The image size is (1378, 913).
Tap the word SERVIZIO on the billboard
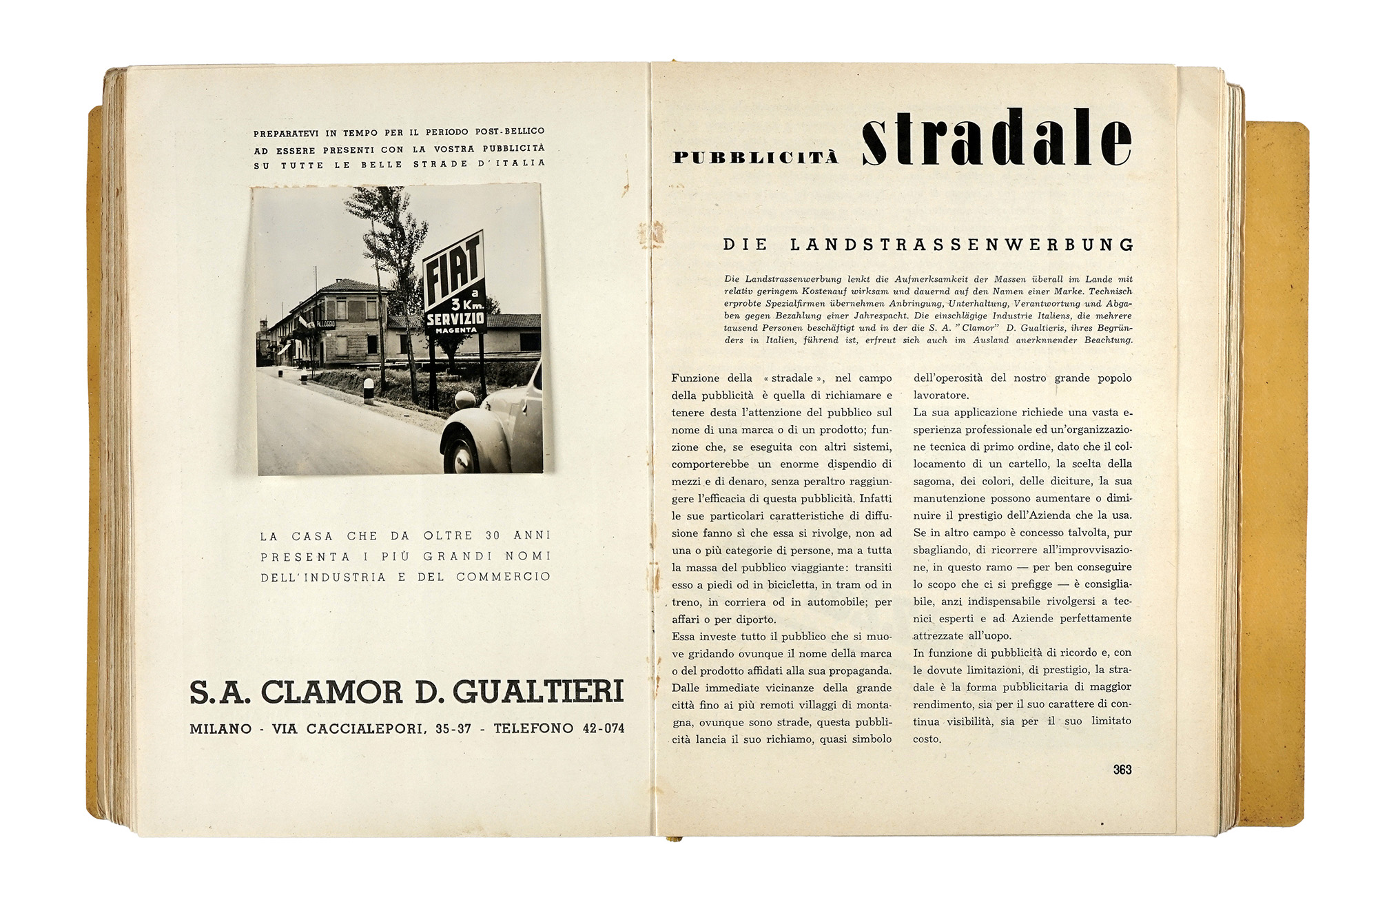pos(455,320)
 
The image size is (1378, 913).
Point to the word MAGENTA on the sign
pos(455,331)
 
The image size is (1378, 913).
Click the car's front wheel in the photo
pos(460,453)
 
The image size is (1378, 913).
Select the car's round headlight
pos(465,399)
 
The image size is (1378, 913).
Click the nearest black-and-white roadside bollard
pos(369,390)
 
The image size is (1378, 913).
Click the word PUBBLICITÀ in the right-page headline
pos(755,158)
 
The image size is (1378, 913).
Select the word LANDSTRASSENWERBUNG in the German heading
pos(962,245)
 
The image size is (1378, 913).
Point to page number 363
pos(1122,770)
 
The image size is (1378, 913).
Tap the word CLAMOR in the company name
pos(331,693)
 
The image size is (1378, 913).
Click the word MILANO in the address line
pos(220,729)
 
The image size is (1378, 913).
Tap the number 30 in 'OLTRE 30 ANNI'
pos(493,535)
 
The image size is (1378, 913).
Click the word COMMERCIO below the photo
pos(503,577)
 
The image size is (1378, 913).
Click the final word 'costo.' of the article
pos(927,739)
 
